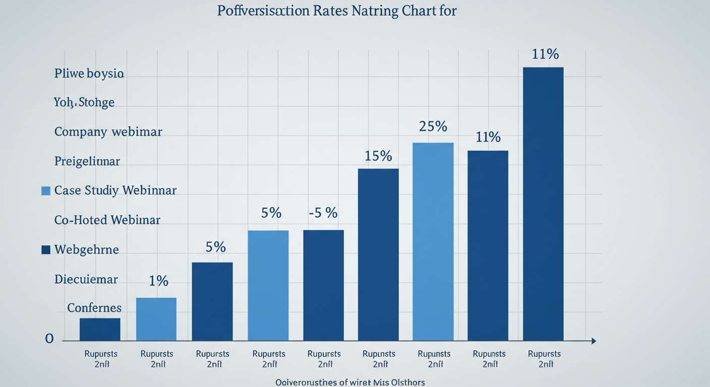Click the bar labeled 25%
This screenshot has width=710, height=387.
[433, 242]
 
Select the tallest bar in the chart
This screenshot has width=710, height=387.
[543, 204]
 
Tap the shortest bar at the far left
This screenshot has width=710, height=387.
[100, 330]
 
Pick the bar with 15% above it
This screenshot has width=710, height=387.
[378, 254]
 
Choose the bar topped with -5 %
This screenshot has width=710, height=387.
[323, 285]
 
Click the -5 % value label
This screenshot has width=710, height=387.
[323, 213]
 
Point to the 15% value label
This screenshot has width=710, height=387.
[378, 156]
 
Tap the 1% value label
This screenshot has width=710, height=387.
[158, 281]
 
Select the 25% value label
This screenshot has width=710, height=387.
[433, 126]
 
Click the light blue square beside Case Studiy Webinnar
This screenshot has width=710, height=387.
[46, 190]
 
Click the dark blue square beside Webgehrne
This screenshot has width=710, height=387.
[46, 249]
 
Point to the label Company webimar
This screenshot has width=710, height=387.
[108, 132]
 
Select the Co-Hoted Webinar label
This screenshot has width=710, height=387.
[107, 220]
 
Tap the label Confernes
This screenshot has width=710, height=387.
[94, 307]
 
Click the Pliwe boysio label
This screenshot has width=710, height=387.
[89, 74]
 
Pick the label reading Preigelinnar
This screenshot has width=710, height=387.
[87, 161]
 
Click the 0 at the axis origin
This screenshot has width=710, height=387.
[49, 339]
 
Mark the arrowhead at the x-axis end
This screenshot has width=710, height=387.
[593, 341]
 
